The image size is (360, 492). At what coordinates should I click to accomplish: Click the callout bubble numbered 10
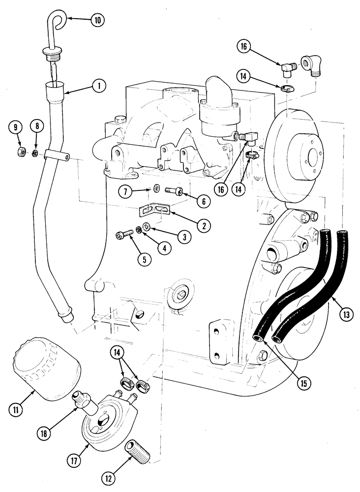[x=97, y=20]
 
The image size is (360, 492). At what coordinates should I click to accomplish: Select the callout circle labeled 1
[x=99, y=86]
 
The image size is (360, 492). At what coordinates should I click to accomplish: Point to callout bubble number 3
[x=185, y=237]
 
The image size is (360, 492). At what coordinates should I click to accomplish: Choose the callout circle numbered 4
[x=164, y=248]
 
